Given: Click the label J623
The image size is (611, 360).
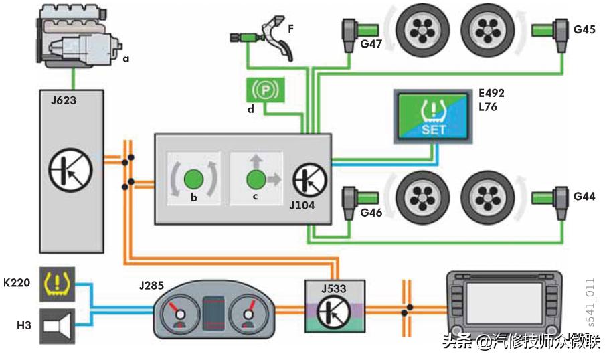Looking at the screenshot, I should [62, 101].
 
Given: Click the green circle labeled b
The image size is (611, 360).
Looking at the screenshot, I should [193, 179].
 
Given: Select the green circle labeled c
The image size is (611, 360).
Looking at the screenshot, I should [255, 179].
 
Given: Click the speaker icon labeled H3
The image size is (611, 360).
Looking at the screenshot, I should [57, 327].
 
